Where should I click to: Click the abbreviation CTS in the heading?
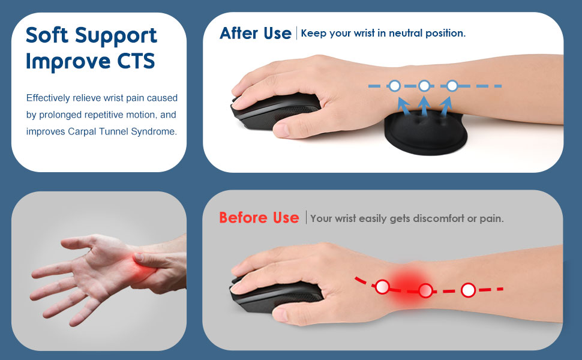(x=137, y=62)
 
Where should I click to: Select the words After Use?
(x=255, y=33)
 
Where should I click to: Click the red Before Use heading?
(x=259, y=218)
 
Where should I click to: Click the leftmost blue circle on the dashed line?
(x=394, y=86)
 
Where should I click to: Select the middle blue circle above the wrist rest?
(x=424, y=86)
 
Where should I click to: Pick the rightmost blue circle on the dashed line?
(x=452, y=86)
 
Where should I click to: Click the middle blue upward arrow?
(x=424, y=106)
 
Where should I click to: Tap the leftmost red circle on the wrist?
(x=382, y=287)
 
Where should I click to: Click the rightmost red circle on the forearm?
(x=469, y=290)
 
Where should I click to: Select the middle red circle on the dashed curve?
(x=425, y=292)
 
